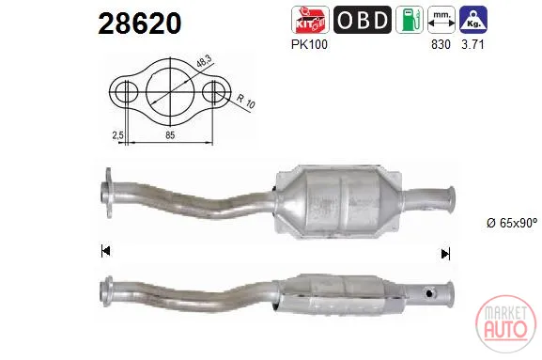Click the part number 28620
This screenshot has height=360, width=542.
click(x=140, y=23)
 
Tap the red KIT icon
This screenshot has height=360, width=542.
click(x=310, y=20)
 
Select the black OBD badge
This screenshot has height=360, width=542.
click(x=363, y=20)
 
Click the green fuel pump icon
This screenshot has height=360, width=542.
click(x=410, y=20)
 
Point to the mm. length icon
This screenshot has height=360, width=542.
click(x=441, y=20)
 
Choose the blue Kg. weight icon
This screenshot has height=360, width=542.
click(x=473, y=20)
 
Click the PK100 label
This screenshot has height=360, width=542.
click(x=309, y=44)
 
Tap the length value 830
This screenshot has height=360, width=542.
click(x=441, y=44)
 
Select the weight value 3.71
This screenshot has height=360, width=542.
click(x=472, y=44)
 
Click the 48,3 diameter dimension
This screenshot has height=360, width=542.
click(x=204, y=61)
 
